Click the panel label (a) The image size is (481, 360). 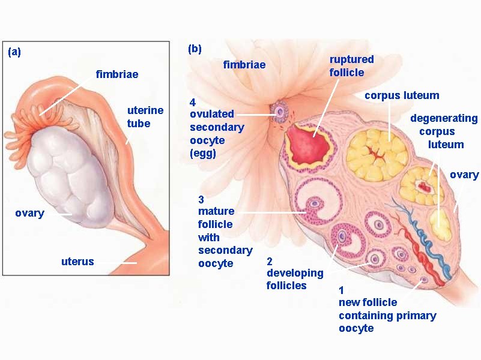(x=14, y=52)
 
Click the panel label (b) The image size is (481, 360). (x=195, y=49)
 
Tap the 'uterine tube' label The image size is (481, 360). (x=145, y=116)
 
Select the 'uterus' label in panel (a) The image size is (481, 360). (x=77, y=262)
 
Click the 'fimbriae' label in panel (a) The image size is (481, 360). (x=117, y=74)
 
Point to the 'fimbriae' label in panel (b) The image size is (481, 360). (x=244, y=64)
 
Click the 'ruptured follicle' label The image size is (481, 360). (x=351, y=65)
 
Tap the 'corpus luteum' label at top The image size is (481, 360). (x=402, y=95)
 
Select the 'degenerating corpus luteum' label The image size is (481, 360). (x=444, y=131)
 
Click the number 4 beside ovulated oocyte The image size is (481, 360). (x=193, y=101)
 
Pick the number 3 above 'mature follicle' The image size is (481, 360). (x=201, y=199)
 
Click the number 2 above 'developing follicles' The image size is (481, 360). (x=270, y=261)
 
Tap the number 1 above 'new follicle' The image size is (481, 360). (x=342, y=291)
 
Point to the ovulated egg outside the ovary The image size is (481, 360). (x=279, y=111)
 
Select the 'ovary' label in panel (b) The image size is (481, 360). (x=464, y=175)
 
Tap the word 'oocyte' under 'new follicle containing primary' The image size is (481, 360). (x=356, y=328)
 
